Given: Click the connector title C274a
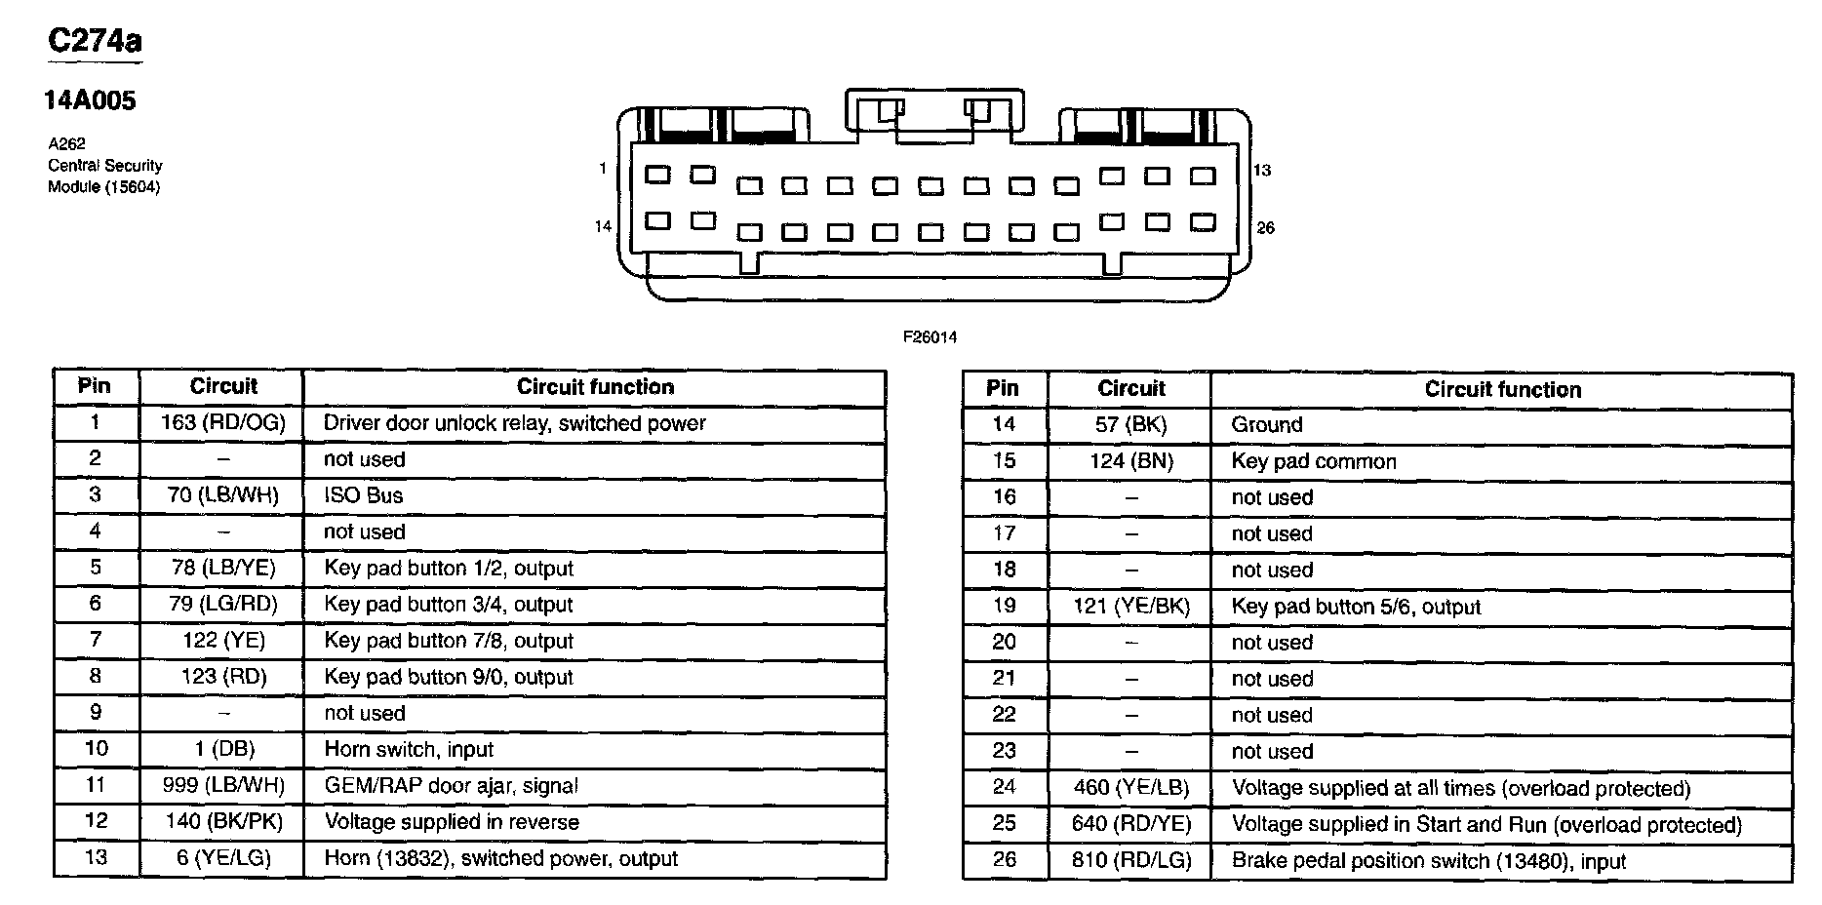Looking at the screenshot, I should click(95, 41).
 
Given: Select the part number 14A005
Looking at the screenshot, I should click(90, 100).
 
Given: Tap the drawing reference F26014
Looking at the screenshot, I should click(930, 337).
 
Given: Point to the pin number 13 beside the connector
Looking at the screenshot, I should click(1262, 171).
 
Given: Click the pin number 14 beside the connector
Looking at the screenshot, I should click(603, 226).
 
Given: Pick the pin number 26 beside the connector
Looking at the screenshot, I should click(1265, 228).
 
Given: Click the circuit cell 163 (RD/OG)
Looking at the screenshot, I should click(223, 423).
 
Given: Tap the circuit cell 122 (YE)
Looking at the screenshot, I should click(223, 641).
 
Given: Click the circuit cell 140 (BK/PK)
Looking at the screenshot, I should click(223, 822).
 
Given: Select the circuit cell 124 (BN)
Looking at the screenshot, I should click(1131, 461).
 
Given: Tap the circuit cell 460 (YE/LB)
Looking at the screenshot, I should click(1131, 788).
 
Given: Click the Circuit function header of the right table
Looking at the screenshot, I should click(1502, 390).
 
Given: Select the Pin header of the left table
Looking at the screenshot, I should click(95, 386).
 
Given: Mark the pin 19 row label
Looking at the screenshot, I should click(1004, 607).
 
